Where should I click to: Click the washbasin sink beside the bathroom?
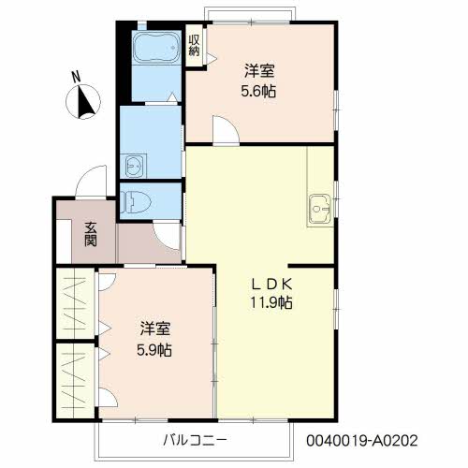[x=134, y=166]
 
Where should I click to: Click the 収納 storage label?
[x=194, y=45]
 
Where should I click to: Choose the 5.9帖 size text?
[x=155, y=350]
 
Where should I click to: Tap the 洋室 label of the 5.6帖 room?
[x=259, y=70]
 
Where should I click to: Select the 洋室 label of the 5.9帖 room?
[x=155, y=329]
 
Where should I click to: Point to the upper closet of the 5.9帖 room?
[x=74, y=303]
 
